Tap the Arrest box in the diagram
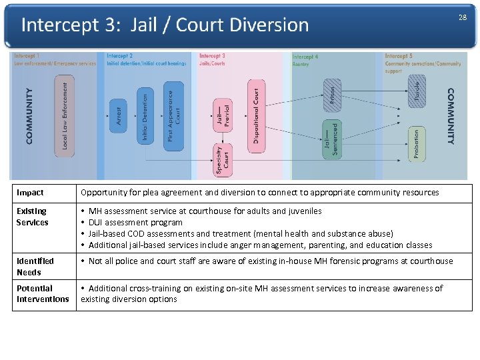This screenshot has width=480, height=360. click(118, 115)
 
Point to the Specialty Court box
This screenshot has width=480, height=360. click(223, 160)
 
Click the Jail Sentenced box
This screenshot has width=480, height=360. click(331, 139)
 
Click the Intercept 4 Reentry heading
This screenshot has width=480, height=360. click(306, 60)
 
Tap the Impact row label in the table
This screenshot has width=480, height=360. click(30, 193)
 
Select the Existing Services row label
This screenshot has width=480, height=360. click(33, 217)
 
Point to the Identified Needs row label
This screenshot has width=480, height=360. click(35, 267)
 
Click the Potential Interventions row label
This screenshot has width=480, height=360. click(43, 294)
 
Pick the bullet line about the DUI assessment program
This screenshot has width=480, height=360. click(135, 223)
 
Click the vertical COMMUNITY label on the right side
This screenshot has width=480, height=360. click(451, 116)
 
